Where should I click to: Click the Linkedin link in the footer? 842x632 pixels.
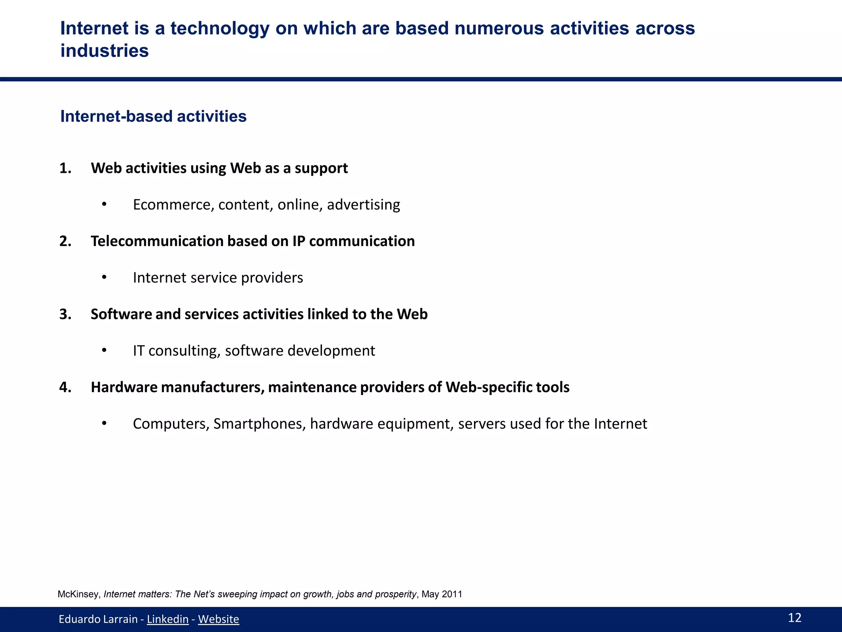[167, 619]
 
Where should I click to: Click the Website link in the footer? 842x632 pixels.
[218, 619]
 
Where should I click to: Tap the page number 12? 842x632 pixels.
[794, 617]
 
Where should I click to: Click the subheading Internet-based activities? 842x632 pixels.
[153, 116]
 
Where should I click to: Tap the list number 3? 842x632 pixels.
[65, 314]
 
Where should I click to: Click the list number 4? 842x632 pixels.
[65, 388]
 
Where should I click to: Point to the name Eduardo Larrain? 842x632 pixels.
[98, 619]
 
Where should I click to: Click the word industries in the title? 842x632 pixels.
[104, 51]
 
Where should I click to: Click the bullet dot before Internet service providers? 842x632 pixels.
[104, 277]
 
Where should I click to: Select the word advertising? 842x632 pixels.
[363, 205]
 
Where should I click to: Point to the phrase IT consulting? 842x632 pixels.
[176, 351]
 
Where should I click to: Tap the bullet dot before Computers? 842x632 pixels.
[104, 423]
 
